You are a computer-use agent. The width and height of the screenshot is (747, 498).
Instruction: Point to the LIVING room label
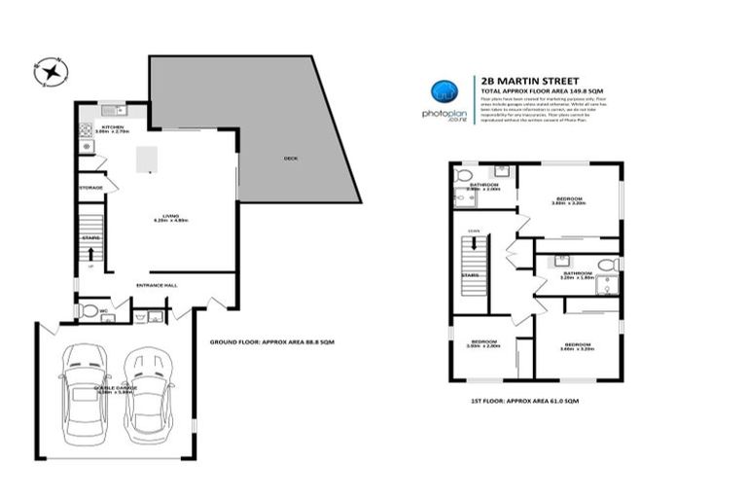pos(169,217)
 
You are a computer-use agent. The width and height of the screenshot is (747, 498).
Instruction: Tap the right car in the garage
pos(148,388)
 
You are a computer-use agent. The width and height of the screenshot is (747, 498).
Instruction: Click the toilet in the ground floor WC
pos(89,311)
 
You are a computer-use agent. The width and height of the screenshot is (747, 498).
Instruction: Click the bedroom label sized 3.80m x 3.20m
pos(569,200)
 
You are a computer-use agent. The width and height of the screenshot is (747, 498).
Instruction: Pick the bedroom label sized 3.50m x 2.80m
pos(483,343)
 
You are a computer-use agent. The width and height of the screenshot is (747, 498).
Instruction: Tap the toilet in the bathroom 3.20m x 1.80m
pos(606,265)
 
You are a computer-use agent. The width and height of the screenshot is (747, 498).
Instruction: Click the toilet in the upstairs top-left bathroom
pos(462,175)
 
